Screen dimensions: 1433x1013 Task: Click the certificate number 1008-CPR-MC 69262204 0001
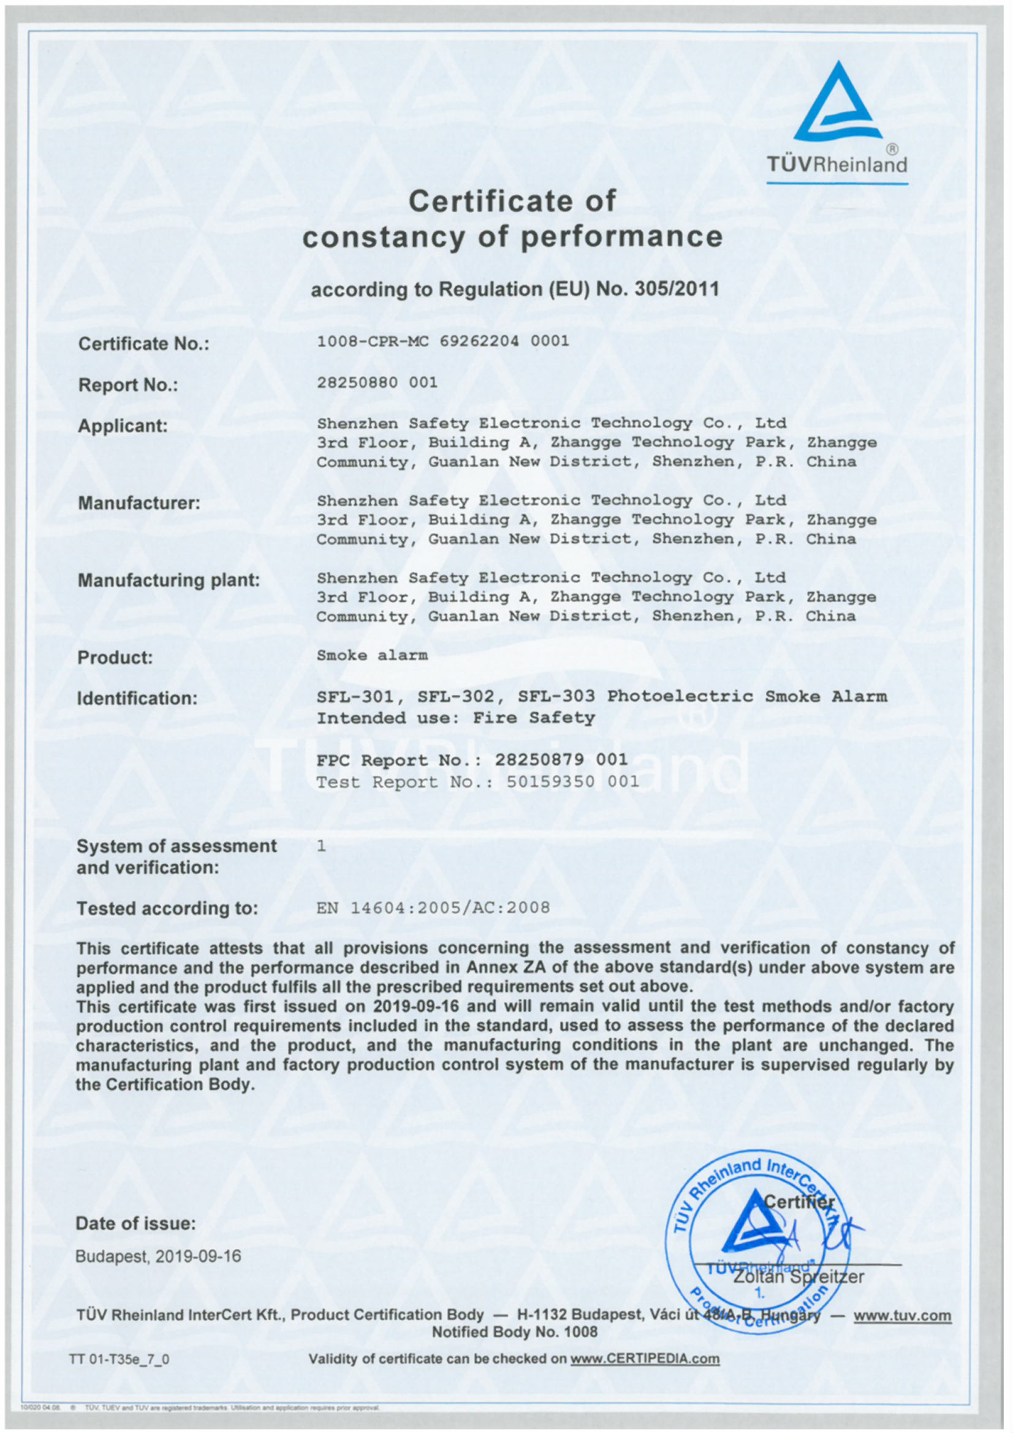tap(442, 341)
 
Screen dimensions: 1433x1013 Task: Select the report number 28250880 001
tap(377, 382)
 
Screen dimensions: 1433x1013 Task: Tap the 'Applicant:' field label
tap(123, 425)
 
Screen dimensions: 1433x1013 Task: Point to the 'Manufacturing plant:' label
tap(169, 580)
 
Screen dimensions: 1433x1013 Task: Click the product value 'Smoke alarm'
tap(372, 655)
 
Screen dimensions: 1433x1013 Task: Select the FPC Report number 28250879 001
tap(561, 759)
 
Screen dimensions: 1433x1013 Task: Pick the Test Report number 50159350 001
tap(572, 782)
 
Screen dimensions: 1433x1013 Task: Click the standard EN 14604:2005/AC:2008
tap(433, 908)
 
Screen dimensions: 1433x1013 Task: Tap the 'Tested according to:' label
tap(167, 909)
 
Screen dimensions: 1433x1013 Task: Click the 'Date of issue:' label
tap(135, 1224)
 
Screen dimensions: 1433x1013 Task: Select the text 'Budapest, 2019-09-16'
tap(158, 1256)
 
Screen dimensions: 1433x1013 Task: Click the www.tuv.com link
tap(902, 1316)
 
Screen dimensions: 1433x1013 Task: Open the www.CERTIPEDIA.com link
tap(645, 1359)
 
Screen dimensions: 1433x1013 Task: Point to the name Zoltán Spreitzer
tap(799, 1277)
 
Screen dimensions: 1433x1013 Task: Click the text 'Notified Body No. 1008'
tap(514, 1332)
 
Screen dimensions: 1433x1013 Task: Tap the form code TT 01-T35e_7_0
tap(119, 1359)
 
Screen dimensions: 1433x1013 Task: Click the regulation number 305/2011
tap(677, 289)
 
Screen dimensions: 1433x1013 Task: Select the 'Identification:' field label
tap(137, 698)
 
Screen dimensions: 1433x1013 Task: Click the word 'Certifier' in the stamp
tap(799, 1201)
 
